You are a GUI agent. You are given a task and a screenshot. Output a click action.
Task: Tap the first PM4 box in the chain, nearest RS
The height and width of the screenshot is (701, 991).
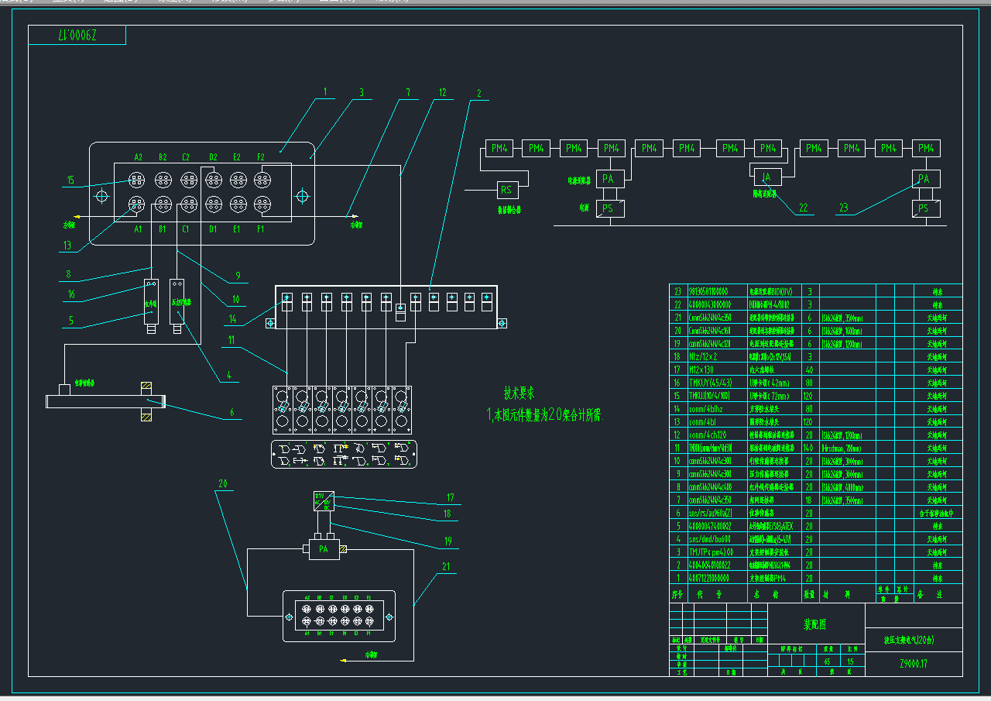498,148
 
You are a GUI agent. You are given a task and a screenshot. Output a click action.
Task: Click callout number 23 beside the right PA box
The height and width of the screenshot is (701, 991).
844,207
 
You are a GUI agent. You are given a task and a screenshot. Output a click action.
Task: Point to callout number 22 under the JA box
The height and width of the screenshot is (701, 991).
804,207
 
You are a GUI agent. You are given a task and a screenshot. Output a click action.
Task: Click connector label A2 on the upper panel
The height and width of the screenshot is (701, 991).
139,157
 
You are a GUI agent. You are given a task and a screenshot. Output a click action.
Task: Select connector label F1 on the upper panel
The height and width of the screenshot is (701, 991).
260,229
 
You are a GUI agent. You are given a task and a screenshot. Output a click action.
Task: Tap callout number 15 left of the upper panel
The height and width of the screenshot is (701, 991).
70,180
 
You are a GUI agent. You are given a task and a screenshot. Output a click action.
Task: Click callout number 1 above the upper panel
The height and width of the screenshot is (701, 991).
325,92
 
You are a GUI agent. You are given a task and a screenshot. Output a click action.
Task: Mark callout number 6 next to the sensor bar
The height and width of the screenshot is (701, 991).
231,413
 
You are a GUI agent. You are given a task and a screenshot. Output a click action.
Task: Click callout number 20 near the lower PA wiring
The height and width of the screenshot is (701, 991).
222,484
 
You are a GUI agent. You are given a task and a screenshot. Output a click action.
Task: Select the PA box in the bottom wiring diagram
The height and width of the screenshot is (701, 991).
324,549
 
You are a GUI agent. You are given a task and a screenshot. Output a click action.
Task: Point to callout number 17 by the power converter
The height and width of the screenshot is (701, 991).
450,498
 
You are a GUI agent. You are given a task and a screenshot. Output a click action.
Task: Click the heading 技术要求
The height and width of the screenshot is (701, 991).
520,393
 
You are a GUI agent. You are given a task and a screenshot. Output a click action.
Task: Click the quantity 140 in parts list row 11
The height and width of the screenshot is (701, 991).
809,448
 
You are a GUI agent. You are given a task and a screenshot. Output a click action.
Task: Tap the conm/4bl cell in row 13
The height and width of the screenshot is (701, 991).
701,422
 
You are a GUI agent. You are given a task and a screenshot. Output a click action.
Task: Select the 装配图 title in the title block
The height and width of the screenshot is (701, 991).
814,623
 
